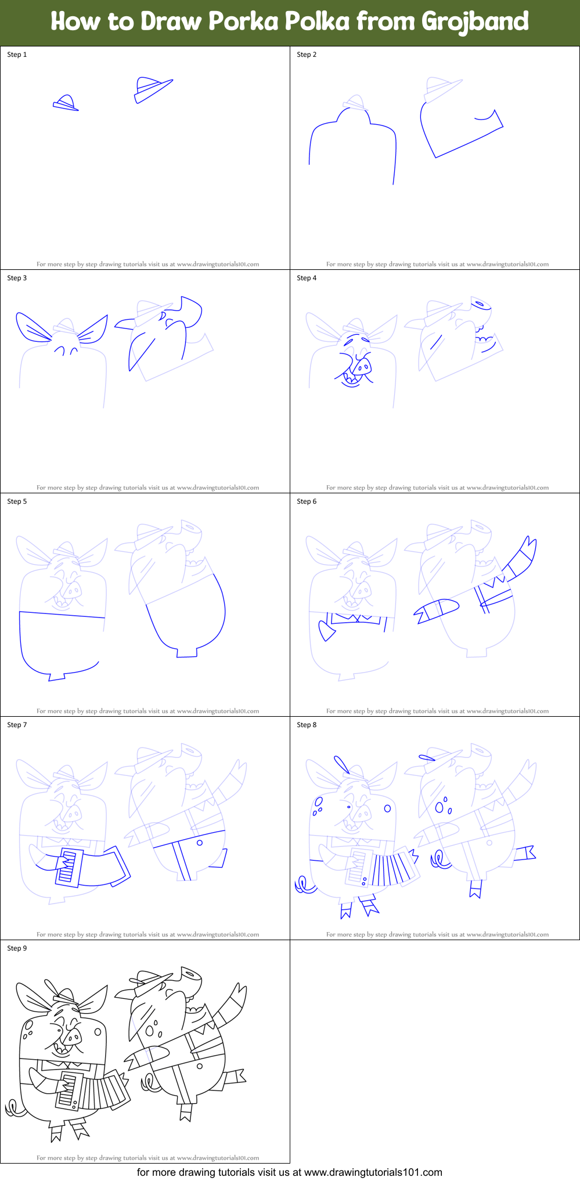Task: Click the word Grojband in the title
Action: pos(475,21)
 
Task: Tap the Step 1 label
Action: pos(17,55)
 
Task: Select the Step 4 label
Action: pos(307,278)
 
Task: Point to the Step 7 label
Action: pos(17,725)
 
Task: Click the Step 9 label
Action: pos(17,948)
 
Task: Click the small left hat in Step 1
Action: pos(66,104)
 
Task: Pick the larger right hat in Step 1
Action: pos(152,89)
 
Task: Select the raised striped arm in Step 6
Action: pos(521,558)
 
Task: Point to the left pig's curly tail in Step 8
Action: pos(303,886)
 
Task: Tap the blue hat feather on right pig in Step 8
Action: pos(427,757)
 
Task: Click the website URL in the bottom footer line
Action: pos(373,1172)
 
